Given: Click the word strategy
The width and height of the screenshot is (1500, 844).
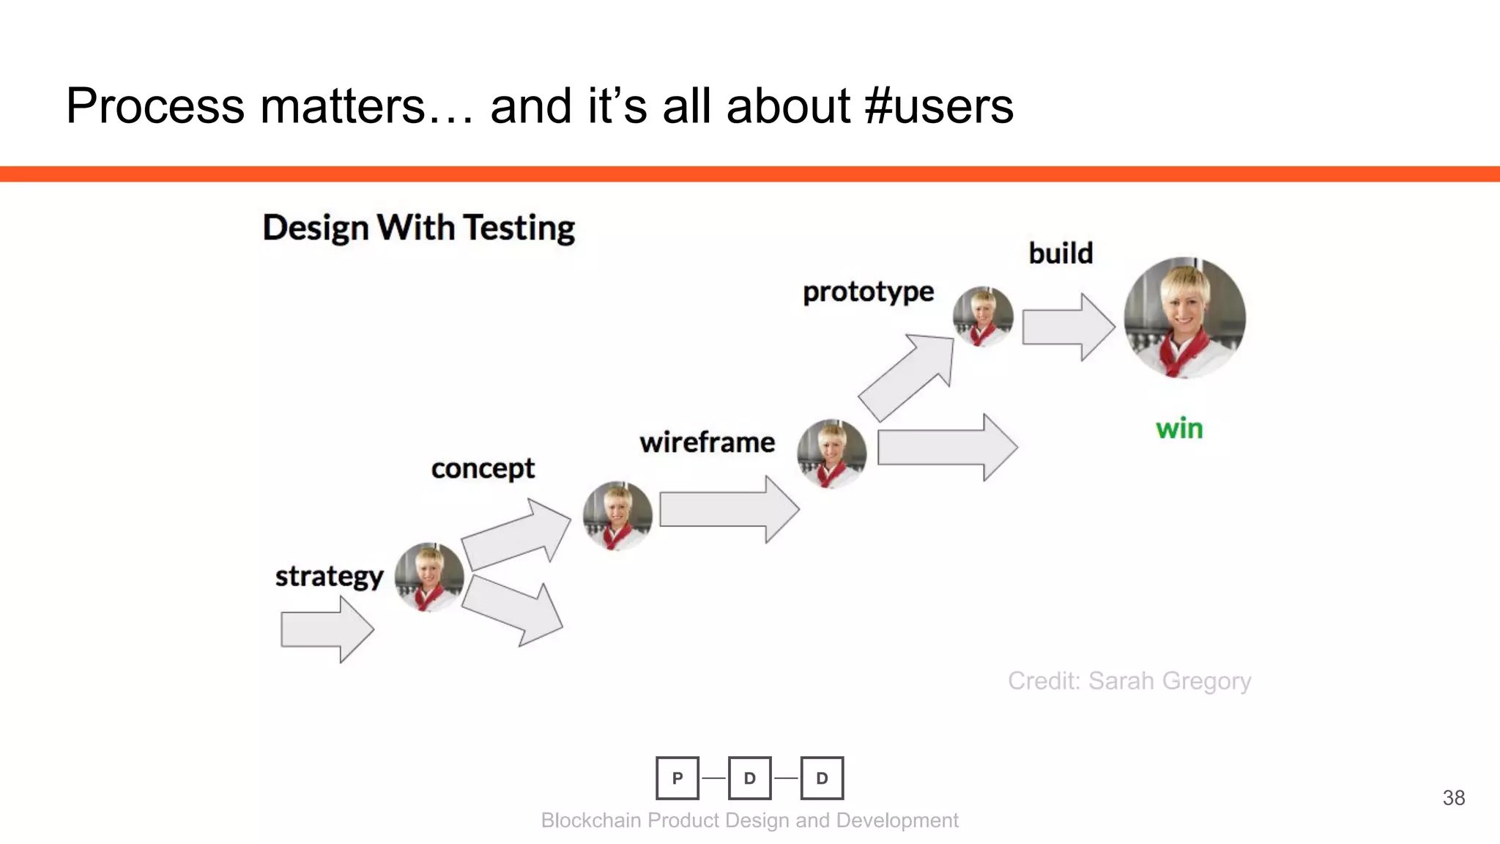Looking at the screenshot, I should tap(329, 577).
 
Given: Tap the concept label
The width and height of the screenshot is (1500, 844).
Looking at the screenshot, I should tap(483, 468).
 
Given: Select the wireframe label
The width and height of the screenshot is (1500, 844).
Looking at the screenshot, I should tap(707, 443).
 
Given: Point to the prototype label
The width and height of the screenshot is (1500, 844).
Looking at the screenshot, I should tap(868, 292).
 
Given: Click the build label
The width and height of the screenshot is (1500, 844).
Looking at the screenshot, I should tap(1061, 253).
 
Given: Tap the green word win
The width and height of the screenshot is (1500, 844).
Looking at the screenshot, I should tap(1179, 429).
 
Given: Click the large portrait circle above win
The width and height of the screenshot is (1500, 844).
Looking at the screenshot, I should tap(1184, 317).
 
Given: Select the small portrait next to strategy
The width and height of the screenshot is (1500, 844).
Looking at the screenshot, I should tap(429, 577).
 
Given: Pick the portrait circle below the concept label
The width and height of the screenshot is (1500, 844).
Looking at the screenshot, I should tap(617, 516).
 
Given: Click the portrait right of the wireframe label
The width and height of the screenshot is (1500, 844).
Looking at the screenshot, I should tap(831, 454).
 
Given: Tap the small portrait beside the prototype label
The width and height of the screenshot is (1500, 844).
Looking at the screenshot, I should tap(983, 316).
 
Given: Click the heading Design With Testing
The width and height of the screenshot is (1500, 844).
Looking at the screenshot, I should tap(418, 228).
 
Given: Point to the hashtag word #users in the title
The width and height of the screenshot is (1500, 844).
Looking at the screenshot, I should tap(939, 105).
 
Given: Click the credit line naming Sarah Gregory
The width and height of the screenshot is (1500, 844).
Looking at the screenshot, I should tap(1129, 681).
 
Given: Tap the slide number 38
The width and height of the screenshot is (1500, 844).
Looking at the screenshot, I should tap(1453, 798).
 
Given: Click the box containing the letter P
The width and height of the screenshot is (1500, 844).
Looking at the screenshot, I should tap(677, 778).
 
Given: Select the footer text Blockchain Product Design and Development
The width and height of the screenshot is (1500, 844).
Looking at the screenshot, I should tap(749, 821).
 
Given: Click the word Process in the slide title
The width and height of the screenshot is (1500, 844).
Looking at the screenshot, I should tap(155, 105).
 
